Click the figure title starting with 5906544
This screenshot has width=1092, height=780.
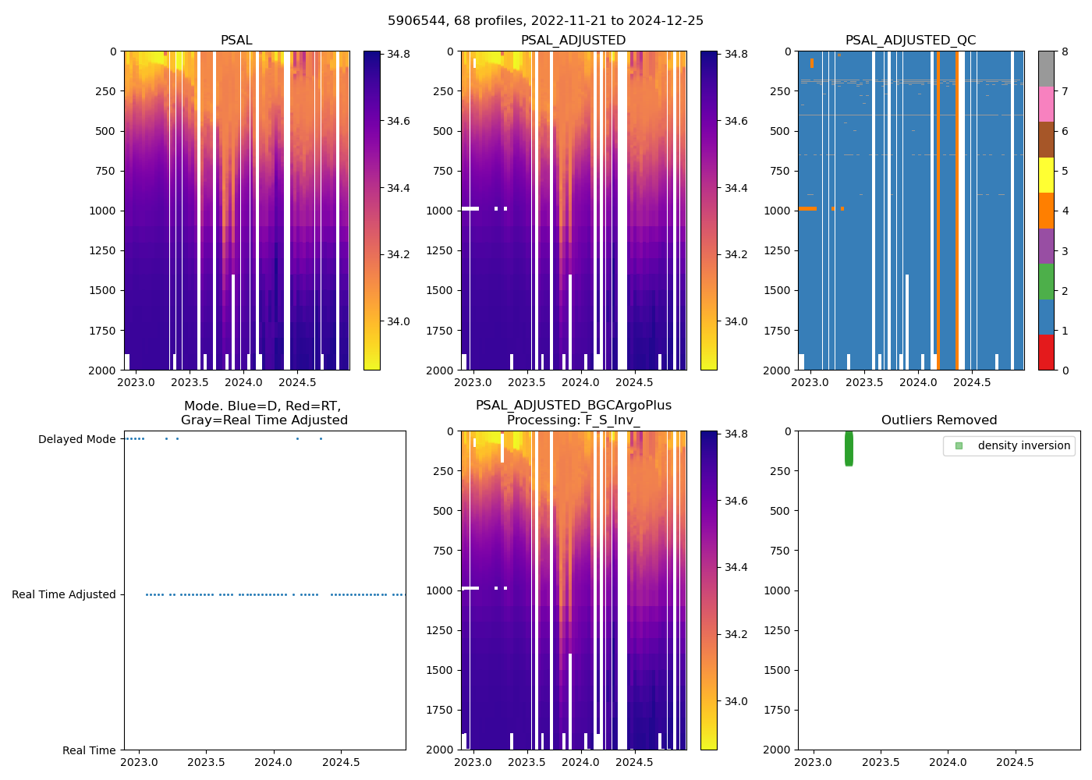(x=545, y=21)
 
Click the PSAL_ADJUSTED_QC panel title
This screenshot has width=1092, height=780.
(x=910, y=41)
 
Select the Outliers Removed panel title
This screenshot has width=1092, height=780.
(x=938, y=420)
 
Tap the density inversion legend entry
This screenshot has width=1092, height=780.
(x=1023, y=445)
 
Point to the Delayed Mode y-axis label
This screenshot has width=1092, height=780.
(x=76, y=439)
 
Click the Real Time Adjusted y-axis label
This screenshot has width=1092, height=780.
(x=64, y=594)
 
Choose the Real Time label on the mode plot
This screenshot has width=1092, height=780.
(x=89, y=750)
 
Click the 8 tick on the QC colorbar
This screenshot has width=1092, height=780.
(x=1065, y=52)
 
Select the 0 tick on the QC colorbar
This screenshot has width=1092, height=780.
(x=1065, y=370)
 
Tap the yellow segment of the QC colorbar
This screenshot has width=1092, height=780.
(x=1046, y=175)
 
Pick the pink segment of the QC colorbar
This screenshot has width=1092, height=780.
(x=1046, y=105)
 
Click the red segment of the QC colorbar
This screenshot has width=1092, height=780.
(x=1046, y=353)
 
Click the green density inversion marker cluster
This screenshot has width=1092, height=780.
(x=849, y=448)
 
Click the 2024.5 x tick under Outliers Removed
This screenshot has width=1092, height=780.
(x=1016, y=762)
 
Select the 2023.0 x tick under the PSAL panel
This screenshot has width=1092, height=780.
(x=136, y=382)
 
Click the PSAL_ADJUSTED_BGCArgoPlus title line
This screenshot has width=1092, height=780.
(x=573, y=406)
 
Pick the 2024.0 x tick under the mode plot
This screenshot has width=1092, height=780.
(x=274, y=762)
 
